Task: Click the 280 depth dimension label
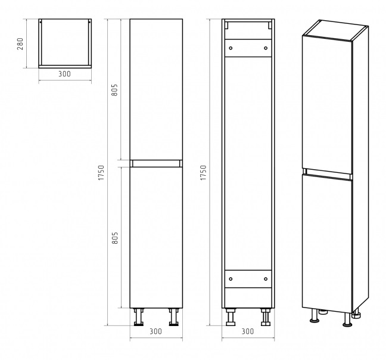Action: pos(20,44)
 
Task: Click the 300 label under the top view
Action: pos(64,74)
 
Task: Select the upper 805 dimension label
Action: pos(115,90)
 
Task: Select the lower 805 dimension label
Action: pos(115,238)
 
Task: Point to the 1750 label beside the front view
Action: pos(101,173)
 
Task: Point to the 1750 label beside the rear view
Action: pos(203,173)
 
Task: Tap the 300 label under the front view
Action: pos(156,331)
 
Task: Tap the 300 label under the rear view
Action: pos(248,331)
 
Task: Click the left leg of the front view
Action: pos(139,317)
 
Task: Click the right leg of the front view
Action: pos(173,317)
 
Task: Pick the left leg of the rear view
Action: pos(231,317)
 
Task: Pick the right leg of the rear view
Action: pos(266,317)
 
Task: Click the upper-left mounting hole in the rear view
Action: pos(231,48)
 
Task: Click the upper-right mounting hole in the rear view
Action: pos(266,48)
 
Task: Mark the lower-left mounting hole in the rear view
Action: pos(231,279)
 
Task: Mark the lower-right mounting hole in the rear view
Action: pos(266,279)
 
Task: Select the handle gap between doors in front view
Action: pos(156,163)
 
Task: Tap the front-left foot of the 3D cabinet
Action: pos(315,316)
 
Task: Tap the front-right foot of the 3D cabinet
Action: pos(347,320)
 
